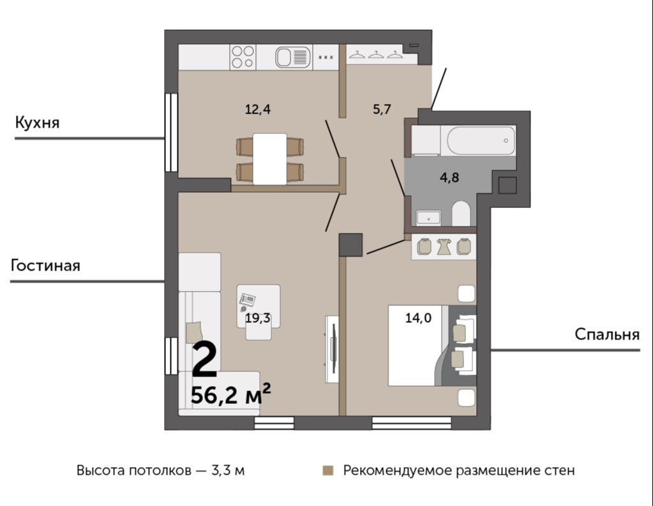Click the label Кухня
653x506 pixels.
pyautogui.click(x=38, y=123)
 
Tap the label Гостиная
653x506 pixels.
pyautogui.click(x=45, y=265)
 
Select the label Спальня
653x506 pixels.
pyautogui.click(x=607, y=334)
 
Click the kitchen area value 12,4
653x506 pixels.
pyautogui.click(x=258, y=110)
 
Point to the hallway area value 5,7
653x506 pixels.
pyautogui.click(x=382, y=110)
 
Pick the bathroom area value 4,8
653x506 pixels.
pyautogui.click(x=449, y=177)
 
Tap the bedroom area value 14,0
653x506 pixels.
pyautogui.click(x=419, y=318)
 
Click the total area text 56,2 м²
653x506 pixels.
pyautogui.click(x=230, y=394)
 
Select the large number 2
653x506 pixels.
pyautogui.click(x=205, y=359)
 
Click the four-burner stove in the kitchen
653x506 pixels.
pyautogui.click(x=243, y=57)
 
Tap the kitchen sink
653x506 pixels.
pyautogui.click(x=293, y=57)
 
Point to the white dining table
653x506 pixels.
pyautogui.click(x=270, y=159)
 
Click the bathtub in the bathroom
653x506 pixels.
pyautogui.click(x=481, y=141)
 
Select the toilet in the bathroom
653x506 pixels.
pyautogui.click(x=461, y=213)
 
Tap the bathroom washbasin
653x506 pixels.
pyautogui.click(x=428, y=218)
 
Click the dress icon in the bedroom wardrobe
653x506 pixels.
pyautogui.click(x=444, y=246)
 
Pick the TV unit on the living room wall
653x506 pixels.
pyautogui.click(x=333, y=349)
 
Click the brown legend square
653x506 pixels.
pyautogui.click(x=328, y=471)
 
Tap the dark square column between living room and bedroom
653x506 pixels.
pyautogui.click(x=350, y=244)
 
